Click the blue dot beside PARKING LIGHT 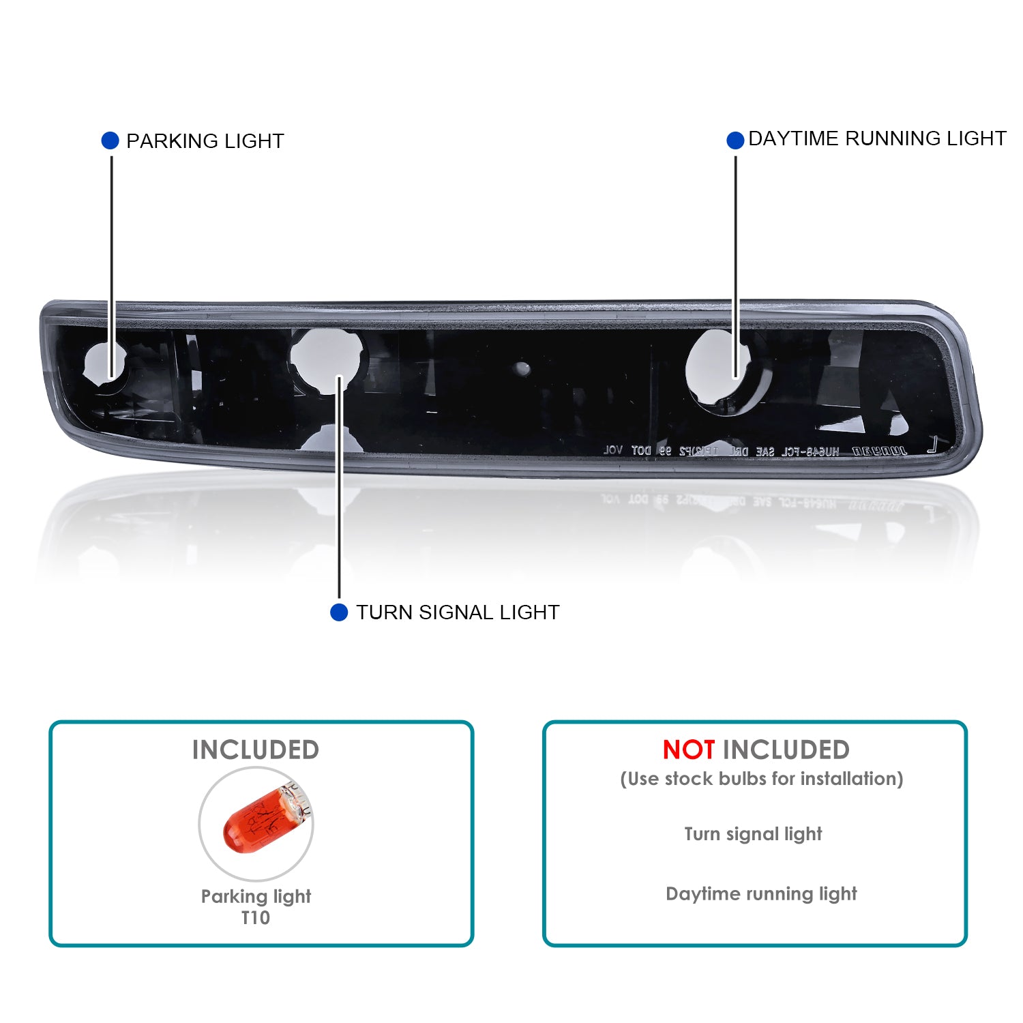pos(110,140)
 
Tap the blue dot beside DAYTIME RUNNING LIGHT pos(735,140)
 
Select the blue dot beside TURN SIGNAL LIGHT pos(339,612)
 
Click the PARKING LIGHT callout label pos(205,141)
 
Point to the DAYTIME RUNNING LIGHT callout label pos(877,138)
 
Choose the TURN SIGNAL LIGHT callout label pos(458,612)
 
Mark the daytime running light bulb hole pos(716,370)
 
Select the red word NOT pos(688,750)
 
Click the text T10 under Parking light pos(256,918)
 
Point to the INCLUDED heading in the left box pos(256,750)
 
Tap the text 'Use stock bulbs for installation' pos(761,779)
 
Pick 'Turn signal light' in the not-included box pos(753,834)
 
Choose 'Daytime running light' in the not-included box pos(761,893)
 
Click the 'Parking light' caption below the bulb pos(256,896)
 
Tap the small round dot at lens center pos(522,368)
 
